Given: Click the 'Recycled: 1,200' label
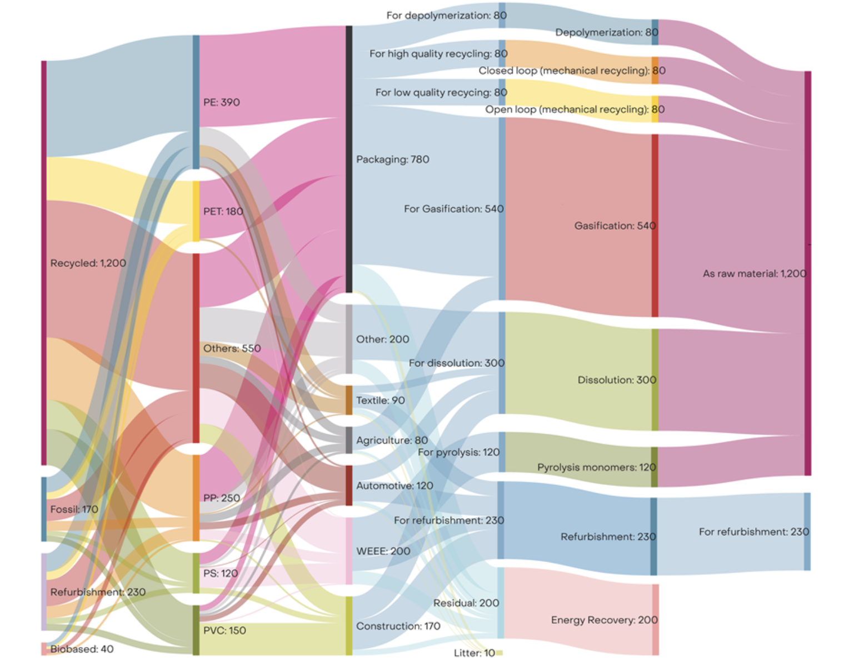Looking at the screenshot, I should coord(88,263).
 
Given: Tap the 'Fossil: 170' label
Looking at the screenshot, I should coord(74,509).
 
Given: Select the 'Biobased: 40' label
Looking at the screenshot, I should coord(82,649).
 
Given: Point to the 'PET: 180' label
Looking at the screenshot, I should coord(223,212).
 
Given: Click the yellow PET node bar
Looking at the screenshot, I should coord(196,211).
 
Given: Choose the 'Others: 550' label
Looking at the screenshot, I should coord(232,348).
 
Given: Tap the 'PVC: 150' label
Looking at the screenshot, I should coord(224,630).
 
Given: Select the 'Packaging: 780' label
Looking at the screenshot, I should coord(392,159).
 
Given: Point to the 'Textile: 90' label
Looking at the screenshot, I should coord(380,400).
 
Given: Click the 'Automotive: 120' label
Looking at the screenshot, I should coord(394,485).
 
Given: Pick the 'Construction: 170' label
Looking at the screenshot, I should coord(398,626).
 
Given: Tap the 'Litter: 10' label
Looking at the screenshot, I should coord(474,653).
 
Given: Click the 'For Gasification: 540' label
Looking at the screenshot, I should coord(453,209).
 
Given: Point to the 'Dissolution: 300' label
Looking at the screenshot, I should coord(617,380).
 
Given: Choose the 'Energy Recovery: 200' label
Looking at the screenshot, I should coord(604,620).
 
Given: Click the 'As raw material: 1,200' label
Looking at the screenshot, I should coord(754,273).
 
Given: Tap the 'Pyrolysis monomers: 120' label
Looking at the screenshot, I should coord(596,467).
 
